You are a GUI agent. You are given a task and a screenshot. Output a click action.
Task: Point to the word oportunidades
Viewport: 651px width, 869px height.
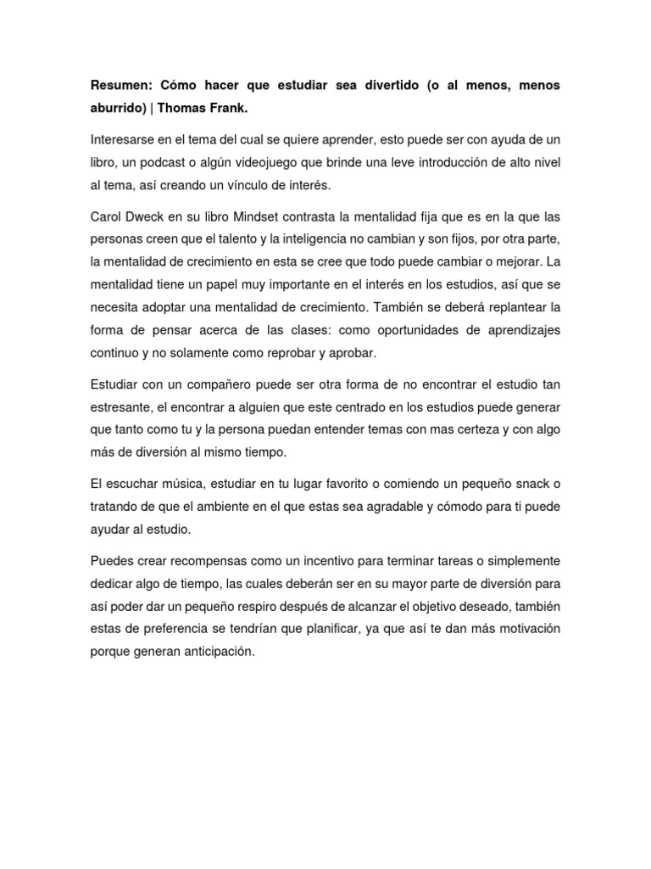(x=402, y=328)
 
